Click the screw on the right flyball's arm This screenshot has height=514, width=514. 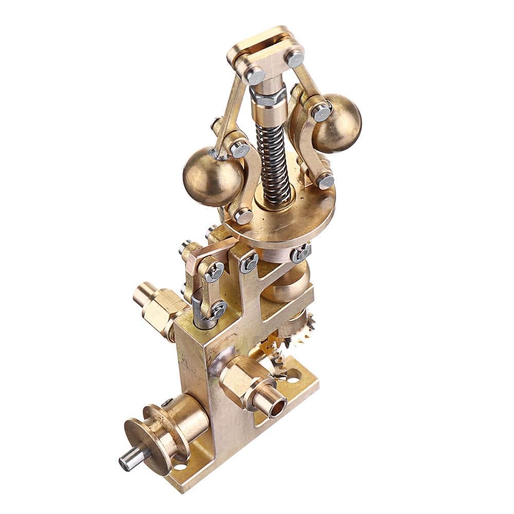(x=321, y=112)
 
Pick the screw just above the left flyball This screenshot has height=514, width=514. (x=240, y=149)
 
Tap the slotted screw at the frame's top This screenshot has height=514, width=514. (x=249, y=263)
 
